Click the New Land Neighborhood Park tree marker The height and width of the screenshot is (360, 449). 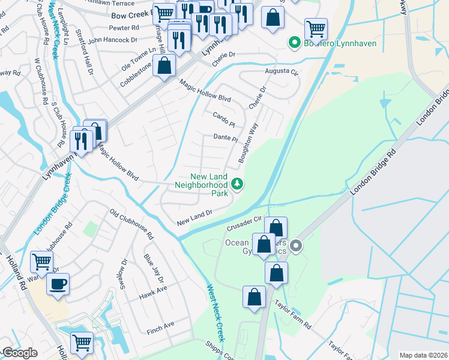[x=238, y=184]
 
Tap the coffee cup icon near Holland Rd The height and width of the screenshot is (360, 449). [x=58, y=284]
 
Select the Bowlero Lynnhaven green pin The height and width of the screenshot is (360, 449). [x=294, y=43]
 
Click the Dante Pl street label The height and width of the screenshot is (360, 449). [x=226, y=138]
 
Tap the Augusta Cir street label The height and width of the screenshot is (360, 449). [x=282, y=71]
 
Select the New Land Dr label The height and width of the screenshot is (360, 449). [x=194, y=218]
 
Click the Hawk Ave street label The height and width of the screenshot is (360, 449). [x=152, y=291]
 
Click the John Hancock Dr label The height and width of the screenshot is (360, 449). [x=112, y=40]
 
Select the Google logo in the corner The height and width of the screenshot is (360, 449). [x=19, y=353]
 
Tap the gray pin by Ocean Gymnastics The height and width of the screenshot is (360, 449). [x=295, y=245]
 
